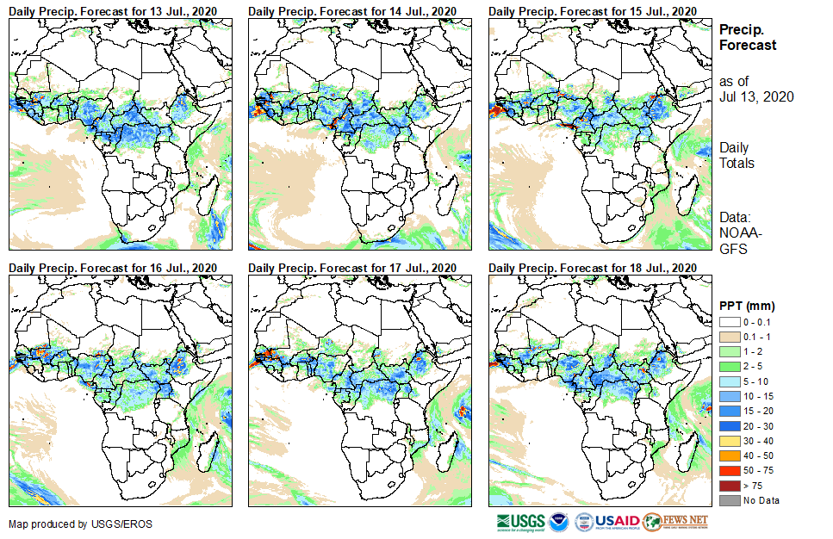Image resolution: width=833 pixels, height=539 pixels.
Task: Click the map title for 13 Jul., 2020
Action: point(113,10)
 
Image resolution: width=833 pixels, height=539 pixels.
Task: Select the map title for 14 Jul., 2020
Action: point(352,10)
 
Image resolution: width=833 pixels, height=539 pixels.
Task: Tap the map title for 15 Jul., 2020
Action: point(592,10)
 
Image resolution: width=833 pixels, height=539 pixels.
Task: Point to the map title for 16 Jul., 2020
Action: point(113,268)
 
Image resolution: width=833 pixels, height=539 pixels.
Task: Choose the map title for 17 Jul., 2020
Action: point(352,268)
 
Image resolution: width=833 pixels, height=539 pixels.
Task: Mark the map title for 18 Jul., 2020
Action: point(592,268)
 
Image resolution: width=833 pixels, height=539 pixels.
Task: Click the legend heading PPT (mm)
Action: point(748,305)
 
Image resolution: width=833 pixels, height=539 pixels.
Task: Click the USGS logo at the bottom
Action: point(522,522)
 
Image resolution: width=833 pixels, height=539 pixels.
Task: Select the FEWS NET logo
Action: point(676,522)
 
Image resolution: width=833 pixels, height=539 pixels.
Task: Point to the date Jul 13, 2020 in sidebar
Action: point(756,96)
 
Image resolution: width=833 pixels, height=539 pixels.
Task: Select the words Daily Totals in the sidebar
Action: point(737,156)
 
